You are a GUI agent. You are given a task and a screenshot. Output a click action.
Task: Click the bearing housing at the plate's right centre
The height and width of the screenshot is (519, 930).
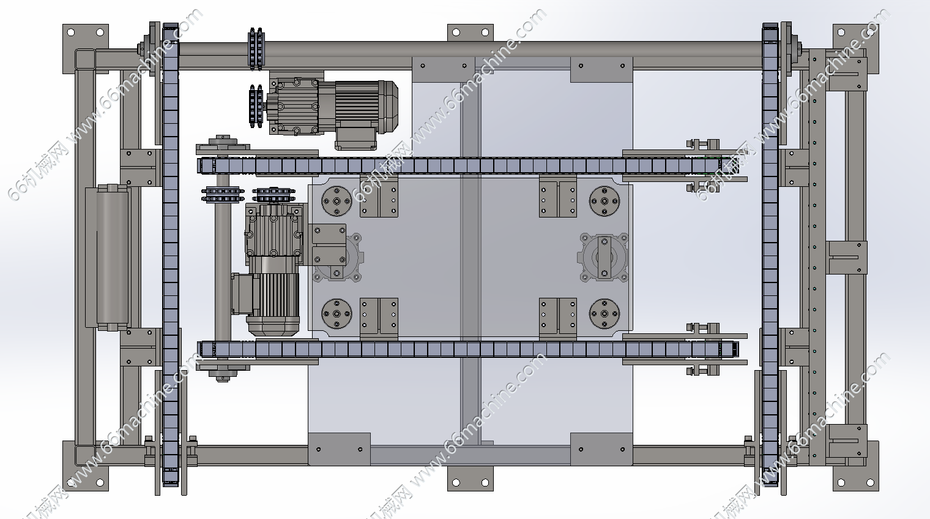(604, 257)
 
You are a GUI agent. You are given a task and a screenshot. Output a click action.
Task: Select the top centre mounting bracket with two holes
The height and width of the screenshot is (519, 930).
(470, 33)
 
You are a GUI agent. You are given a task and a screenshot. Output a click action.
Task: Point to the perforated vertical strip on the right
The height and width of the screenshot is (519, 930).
(813, 257)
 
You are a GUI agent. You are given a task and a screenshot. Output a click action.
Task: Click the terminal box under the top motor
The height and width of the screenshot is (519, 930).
(356, 138)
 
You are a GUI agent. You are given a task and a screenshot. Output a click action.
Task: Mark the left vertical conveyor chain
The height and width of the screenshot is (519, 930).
(171, 257)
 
